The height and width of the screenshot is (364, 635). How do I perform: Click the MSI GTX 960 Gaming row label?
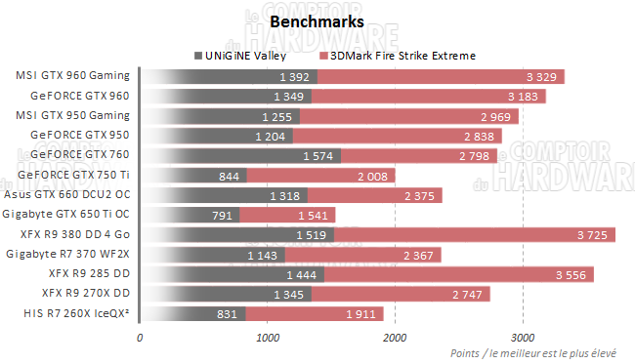73,76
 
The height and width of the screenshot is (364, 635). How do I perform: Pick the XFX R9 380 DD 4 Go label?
81,234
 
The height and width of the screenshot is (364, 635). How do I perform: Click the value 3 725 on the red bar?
595,234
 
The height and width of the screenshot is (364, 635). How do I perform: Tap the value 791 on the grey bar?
224,215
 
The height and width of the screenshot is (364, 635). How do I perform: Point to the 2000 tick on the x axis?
394,337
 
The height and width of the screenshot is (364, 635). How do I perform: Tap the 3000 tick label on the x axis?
521,337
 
